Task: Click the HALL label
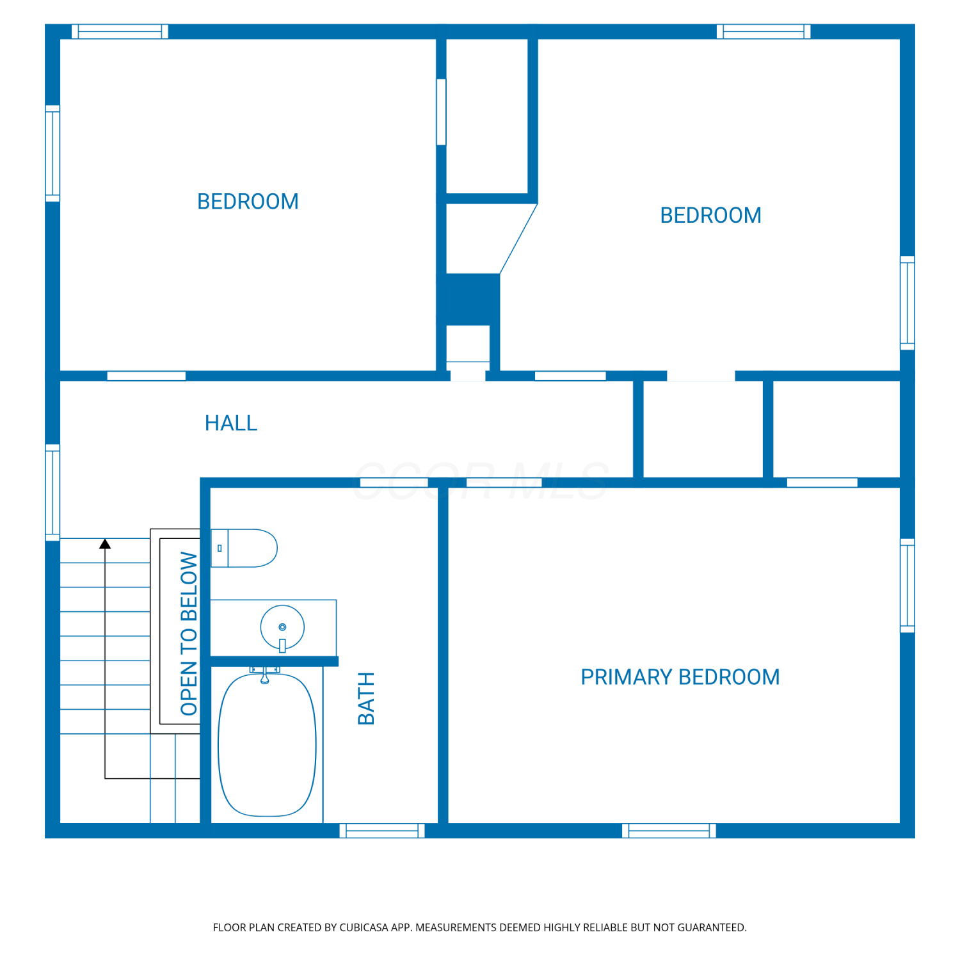tap(231, 423)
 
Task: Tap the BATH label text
tap(366, 698)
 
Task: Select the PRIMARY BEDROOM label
tap(680, 677)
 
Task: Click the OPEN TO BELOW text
tap(189, 634)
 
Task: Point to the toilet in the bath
tap(244, 548)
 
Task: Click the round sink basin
tap(282, 627)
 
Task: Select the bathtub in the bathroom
tap(267, 744)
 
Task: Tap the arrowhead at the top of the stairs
tap(105, 544)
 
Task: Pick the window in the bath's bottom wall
tap(382, 831)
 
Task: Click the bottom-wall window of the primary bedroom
tap(669, 831)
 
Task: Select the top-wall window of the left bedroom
tap(120, 31)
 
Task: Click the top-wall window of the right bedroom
tap(764, 31)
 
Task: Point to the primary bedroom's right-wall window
tap(908, 586)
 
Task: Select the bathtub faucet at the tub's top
tap(264, 674)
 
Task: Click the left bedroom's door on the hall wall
tap(147, 376)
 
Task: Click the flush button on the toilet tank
tap(220, 548)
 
